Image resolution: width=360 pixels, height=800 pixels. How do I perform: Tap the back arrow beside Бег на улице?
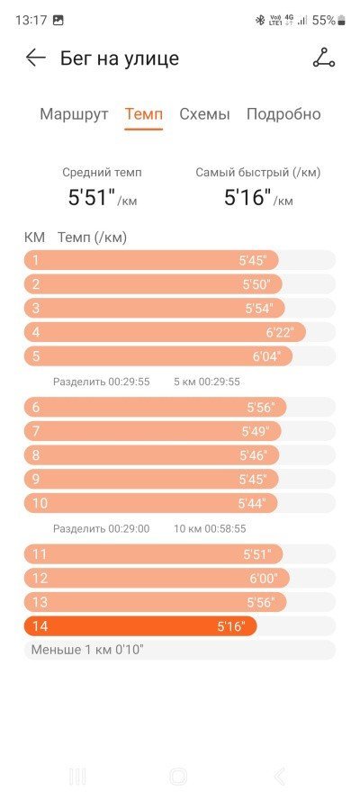36,58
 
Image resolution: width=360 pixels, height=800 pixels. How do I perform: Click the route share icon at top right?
324,58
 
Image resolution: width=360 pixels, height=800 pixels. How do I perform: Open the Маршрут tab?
74,113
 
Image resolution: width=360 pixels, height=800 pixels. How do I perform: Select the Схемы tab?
204,113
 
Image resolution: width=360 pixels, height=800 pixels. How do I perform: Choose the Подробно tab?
283,113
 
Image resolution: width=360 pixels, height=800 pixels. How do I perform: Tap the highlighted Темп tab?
144,113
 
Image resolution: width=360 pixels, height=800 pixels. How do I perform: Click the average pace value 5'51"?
92,197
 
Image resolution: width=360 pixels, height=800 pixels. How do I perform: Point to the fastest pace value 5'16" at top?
247,197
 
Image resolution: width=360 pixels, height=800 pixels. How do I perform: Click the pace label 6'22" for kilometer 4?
280,333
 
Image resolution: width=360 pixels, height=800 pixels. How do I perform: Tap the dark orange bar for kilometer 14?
140,626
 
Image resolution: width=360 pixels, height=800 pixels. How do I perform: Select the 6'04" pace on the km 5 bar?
266,356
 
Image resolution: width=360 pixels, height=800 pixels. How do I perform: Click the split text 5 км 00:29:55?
206,382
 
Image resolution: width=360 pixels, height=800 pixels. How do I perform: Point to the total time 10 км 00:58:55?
210,528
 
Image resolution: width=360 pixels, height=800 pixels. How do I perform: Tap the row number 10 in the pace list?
40,503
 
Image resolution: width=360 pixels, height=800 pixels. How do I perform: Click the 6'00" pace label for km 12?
264,578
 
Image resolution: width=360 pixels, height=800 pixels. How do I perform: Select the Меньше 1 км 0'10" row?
179,650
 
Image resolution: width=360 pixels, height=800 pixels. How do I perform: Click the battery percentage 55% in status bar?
324,21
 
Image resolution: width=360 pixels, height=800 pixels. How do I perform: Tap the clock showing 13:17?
31,21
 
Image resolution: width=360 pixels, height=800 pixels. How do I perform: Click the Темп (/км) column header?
93,238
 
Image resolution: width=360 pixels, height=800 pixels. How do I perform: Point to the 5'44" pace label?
252,503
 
